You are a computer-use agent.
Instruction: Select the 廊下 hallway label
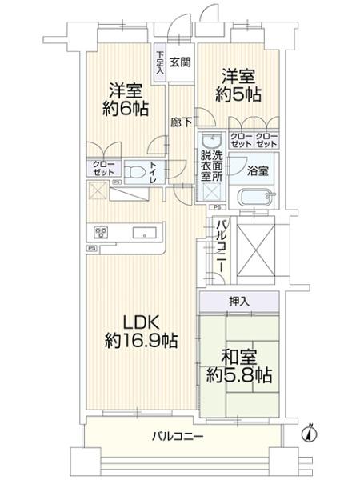coord(180,122)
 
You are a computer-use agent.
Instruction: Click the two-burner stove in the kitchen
coord(102,234)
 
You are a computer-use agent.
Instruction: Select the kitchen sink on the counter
coord(146,234)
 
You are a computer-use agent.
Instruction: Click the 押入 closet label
coord(238,302)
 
